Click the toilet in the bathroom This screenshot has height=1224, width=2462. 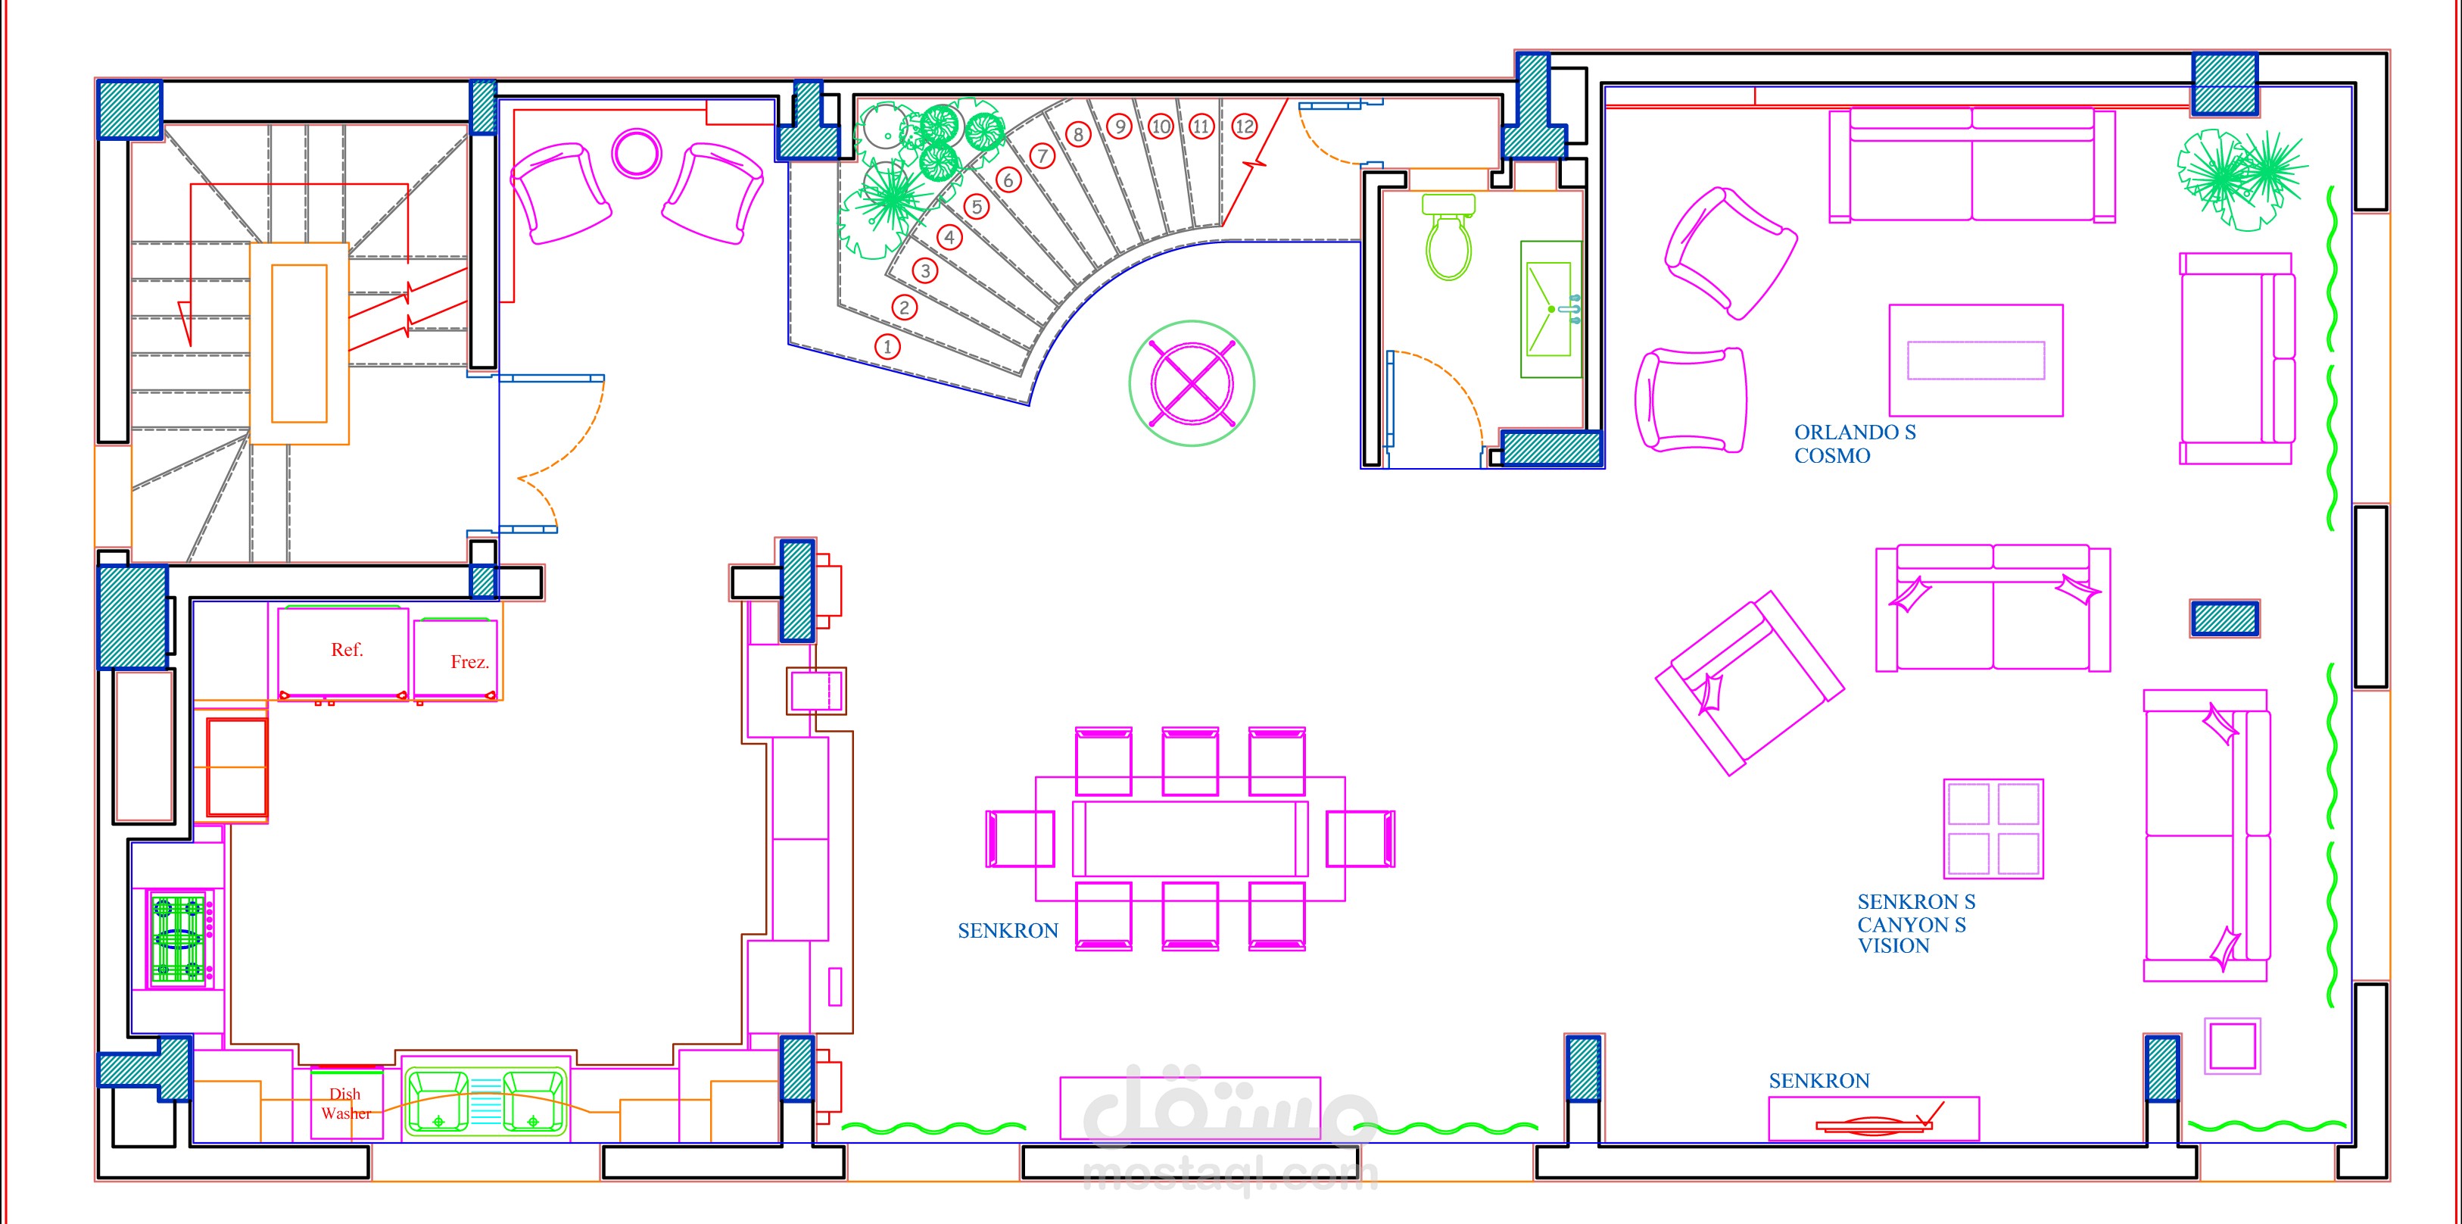[1449, 236]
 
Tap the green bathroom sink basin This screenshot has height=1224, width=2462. [1550, 309]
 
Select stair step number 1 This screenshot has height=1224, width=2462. [888, 346]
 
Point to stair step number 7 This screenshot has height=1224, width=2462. [1042, 155]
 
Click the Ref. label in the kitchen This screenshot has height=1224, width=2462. [347, 649]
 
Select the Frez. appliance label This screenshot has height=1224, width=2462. [469, 662]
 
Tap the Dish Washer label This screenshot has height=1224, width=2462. [346, 1104]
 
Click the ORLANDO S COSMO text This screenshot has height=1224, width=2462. [1854, 444]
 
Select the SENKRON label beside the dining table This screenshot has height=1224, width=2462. [1008, 930]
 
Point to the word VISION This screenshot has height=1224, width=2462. [1893, 946]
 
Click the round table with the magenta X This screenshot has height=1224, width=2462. [1192, 383]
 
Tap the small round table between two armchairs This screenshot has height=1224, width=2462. [637, 153]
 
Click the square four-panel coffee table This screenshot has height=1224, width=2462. [1993, 828]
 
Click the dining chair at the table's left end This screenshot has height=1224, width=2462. [1020, 838]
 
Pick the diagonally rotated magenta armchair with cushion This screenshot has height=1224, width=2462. [1749, 682]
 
